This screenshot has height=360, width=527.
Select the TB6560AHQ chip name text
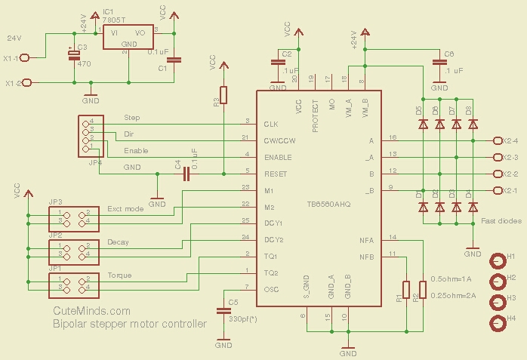point(328,205)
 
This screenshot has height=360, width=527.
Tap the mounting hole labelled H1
point(498,261)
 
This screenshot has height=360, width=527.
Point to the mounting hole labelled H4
point(498,324)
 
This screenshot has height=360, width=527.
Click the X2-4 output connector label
point(510,140)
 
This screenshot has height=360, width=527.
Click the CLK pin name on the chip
point(271,124)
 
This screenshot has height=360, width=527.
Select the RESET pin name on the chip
point(276,174)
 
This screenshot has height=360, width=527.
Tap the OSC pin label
point(272,289)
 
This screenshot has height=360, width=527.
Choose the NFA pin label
point(367,240)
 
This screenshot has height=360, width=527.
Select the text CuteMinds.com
point(91,311)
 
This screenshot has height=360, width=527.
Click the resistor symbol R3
point(223,96)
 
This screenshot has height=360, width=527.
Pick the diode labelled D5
point(423,125)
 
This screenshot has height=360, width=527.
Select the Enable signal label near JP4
point(136,151)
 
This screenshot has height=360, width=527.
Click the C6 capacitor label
point(449,54)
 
